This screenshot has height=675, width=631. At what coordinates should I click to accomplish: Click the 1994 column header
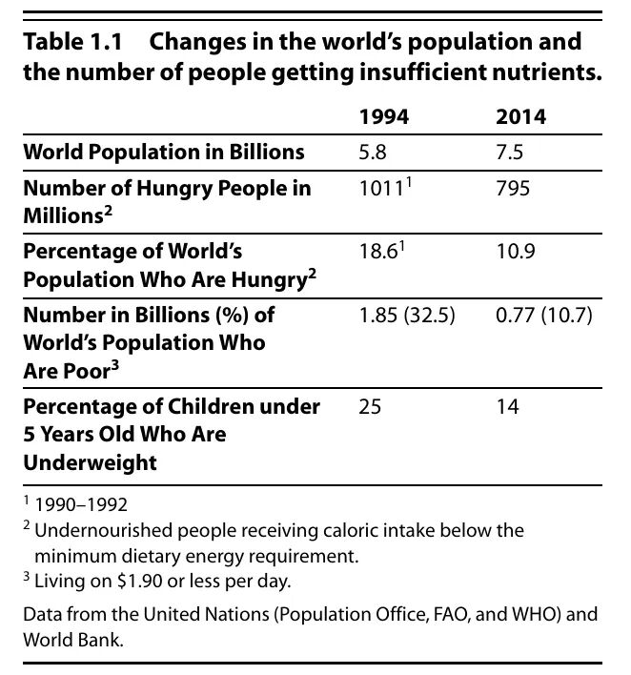[x=384, y=117]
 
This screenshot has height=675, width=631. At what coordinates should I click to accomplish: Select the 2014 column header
[x=520, y=117]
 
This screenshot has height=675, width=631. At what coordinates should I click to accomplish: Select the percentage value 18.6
[x=377, y=252]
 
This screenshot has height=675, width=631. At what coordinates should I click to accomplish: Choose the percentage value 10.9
[x=513, y=252]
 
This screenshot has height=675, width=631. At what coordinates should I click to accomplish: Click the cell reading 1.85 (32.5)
[x=407, y=315]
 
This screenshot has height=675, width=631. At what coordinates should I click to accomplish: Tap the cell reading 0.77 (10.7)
[x=543, y=315]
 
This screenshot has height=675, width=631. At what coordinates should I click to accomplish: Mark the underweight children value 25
[x=370, y=407]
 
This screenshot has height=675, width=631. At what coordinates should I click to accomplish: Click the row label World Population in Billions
[x=164, y=152]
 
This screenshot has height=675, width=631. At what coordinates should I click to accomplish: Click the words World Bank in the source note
[x=73, y=641]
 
